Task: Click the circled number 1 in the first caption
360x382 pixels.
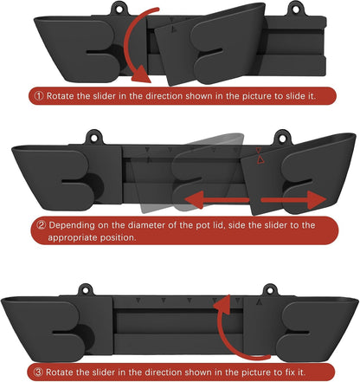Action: [39, 96]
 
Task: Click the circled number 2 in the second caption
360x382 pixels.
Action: [42, 225]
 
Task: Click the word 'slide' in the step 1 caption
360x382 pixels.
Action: [289, 96]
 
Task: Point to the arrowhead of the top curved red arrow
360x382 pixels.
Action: [142, 75]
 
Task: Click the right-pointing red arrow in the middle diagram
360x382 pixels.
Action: [293, 200]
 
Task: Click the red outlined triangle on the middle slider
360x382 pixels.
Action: [260, 159]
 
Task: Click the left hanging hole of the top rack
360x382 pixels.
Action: [119, 9]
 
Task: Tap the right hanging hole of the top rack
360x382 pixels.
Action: [295, 9]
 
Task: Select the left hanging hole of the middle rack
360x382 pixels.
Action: [94, 138]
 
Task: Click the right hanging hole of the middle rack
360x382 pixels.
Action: [282, 138]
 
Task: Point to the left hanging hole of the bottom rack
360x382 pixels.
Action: [86, 291]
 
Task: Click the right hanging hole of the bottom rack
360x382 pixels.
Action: [270, 291]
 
